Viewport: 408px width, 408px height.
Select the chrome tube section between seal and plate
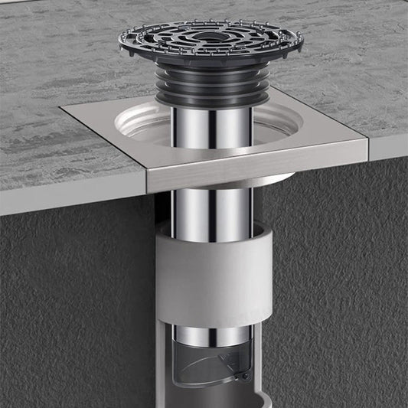[x=210, y=126]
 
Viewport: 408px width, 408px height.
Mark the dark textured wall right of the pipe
[x=337, y=291]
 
